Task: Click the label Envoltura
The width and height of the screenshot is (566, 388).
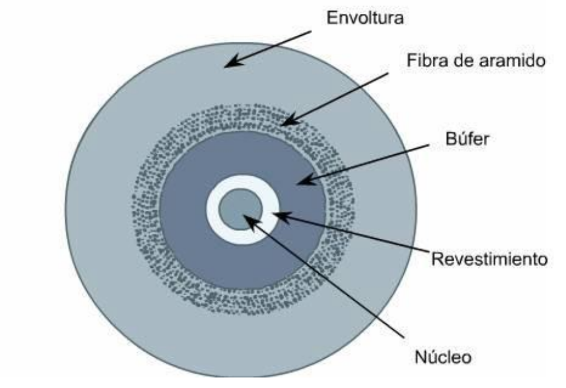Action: click(365, 18)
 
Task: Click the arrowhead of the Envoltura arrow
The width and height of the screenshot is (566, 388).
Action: click(229, 64)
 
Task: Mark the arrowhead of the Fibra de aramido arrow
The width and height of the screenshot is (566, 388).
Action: click(285, 121)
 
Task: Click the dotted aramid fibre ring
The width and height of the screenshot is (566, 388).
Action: click(145, 212)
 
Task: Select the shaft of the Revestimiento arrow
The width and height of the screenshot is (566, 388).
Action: click(358, 236)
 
